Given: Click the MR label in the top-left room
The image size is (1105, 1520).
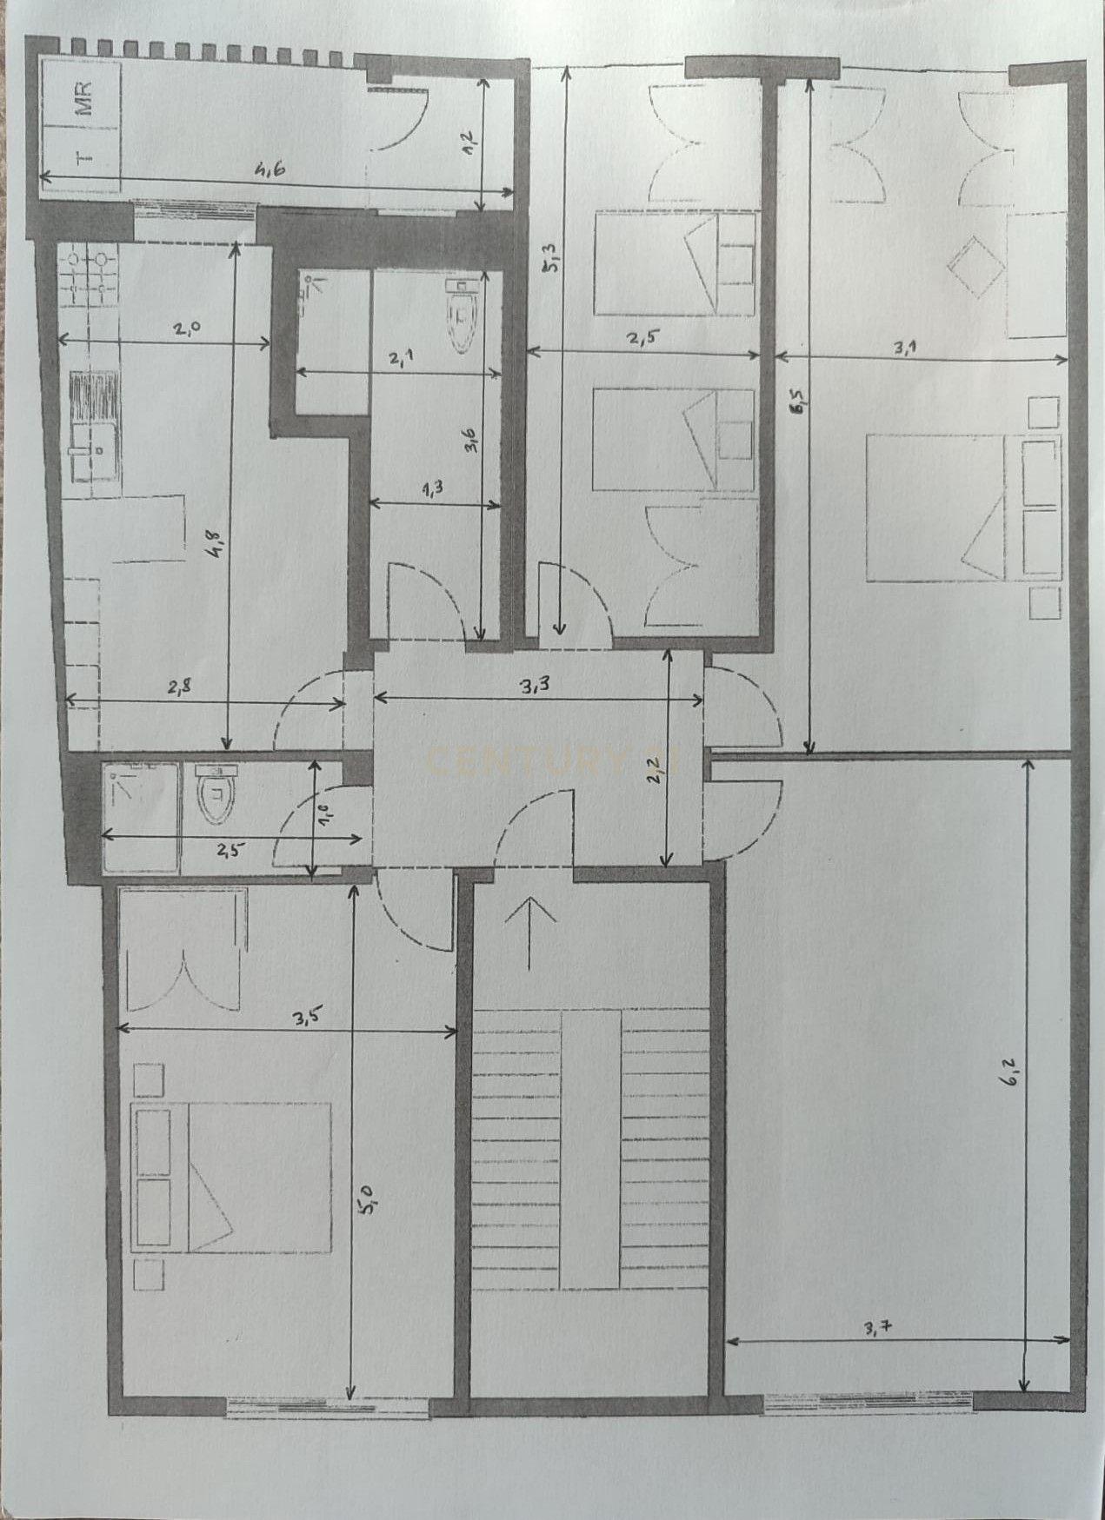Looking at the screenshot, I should pos(83,98).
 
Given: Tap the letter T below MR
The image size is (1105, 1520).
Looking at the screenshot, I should pos(83,157).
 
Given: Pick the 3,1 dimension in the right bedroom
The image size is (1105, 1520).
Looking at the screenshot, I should pos(909,346).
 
